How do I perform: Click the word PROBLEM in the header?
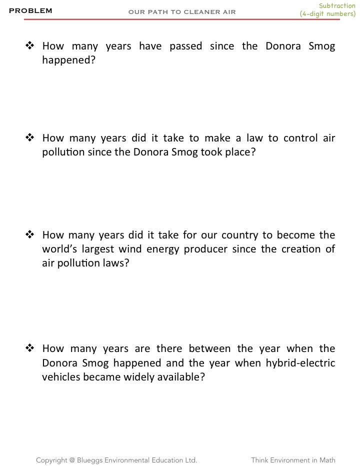[x=30, y=11]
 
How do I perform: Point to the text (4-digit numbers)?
[x=327, y=14]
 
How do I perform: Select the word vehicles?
[x=61, y=376]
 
